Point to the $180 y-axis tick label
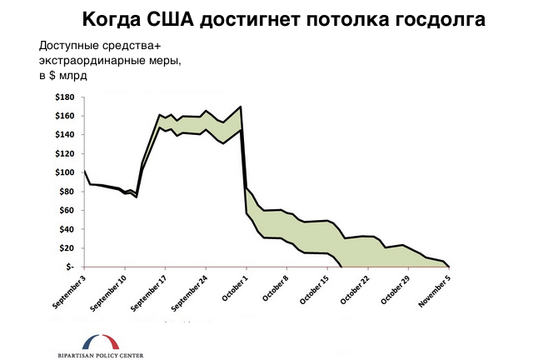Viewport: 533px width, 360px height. pyautogui.click(x=65, y=97)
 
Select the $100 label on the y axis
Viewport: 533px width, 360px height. pyautogui.click(x=65, y=172)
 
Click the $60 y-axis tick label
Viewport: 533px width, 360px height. pyautogui.click(x=67, y=211)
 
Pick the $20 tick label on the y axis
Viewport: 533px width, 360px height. pyautogui.click(x=67, y=248)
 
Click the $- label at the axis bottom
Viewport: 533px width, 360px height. pyautogui.click(x=70, y=267)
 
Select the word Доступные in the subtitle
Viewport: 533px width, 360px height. pyautogui.click(x=69, y=46)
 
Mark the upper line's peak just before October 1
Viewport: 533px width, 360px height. pyautogui.click(x=240, y=107)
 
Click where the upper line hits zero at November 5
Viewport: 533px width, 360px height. pyautogui.click(x=448, y=267)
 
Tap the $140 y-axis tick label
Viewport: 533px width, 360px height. pyautogui.click(x=65, y=135)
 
